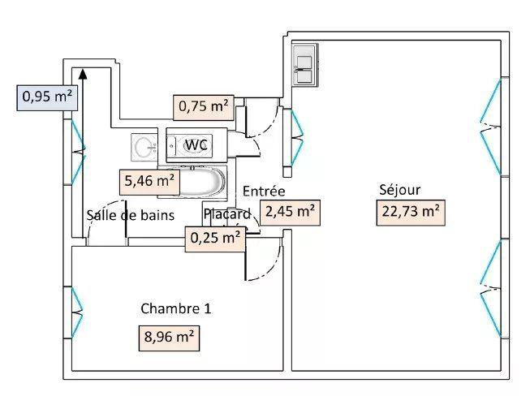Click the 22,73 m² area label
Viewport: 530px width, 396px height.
pos(410,213)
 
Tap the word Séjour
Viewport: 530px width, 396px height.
pos(399,190)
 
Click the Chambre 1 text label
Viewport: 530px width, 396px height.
pos(176,308)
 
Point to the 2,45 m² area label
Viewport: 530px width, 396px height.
pos(289,212)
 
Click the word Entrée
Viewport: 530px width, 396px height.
pos(264,192)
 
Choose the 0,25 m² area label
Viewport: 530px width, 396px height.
pos(214,238)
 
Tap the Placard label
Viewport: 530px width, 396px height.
pos(228,214)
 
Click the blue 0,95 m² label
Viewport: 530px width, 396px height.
pos(48,97)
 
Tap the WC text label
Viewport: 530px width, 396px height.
pos(197,144)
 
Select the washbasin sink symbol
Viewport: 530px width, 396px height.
pos(146,147)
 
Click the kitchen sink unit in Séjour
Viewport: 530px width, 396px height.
pos(305,64)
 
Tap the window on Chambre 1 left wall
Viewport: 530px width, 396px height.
pos(76,312)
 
